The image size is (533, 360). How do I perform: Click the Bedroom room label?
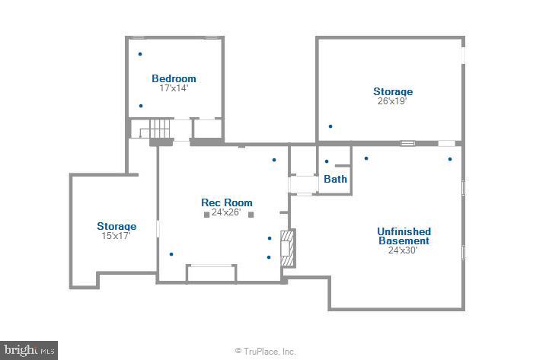tap(174, 78)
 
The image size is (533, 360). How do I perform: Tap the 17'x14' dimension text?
tap(174, 88)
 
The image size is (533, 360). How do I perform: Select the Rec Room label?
tap(226, 202)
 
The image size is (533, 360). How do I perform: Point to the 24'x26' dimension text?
tap(226, 212)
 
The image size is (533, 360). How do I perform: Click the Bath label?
tap(335, 180)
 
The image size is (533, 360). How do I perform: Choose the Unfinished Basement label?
tap(404, 236)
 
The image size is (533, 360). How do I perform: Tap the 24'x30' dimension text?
tap(404, 250)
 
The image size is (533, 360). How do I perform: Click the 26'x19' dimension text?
tap(392, 101)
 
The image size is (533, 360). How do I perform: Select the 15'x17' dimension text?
tap(116, 236)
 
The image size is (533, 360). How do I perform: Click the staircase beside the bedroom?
tap(157, 129)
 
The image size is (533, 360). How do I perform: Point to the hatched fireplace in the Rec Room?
tap(287, 247)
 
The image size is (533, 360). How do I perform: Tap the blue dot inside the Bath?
tap(327, 161)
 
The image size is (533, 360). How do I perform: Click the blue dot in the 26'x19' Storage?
tap(330, 126)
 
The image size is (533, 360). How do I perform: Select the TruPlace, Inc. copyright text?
tap(265, 351)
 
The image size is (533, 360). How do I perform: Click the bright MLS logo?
tap(29, 350)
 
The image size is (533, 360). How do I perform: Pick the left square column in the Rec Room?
tap(206, 215)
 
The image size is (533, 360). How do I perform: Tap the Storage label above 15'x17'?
tap(116, 226)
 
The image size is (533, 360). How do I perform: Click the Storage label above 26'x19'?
tap(392, 91)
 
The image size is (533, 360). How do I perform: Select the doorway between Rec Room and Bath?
tap(303, 185)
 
